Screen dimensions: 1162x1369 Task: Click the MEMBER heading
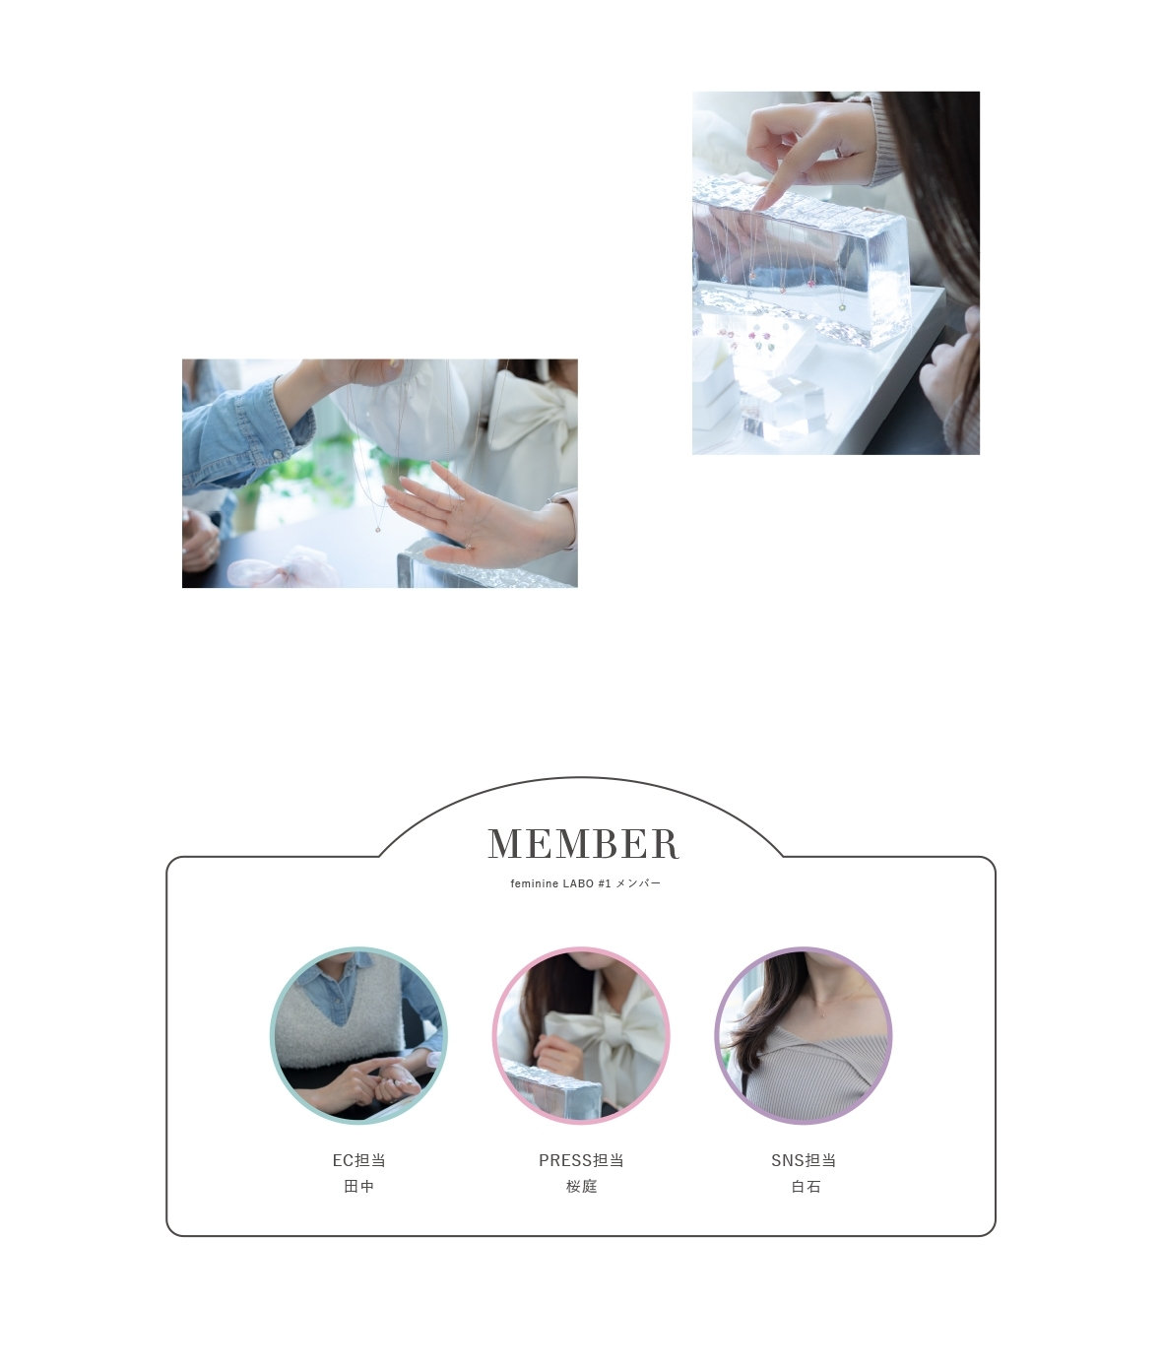[583, 843]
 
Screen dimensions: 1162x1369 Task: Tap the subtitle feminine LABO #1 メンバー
[585, 882]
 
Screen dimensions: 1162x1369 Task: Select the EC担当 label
[358, 1159]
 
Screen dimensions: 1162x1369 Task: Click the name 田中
[358, 1186]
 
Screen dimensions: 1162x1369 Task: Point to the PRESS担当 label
[581, 1159]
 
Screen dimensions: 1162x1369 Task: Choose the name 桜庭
[581, 1186]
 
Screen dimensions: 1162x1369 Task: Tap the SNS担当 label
[804, 1159]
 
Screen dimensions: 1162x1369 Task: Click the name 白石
[806, 1186]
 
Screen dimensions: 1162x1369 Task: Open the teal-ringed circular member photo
[358, 1035]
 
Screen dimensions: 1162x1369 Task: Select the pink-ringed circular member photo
[581, 1035]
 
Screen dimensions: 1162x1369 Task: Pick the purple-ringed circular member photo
[804, 1035]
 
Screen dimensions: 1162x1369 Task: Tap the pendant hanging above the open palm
[378, 529]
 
